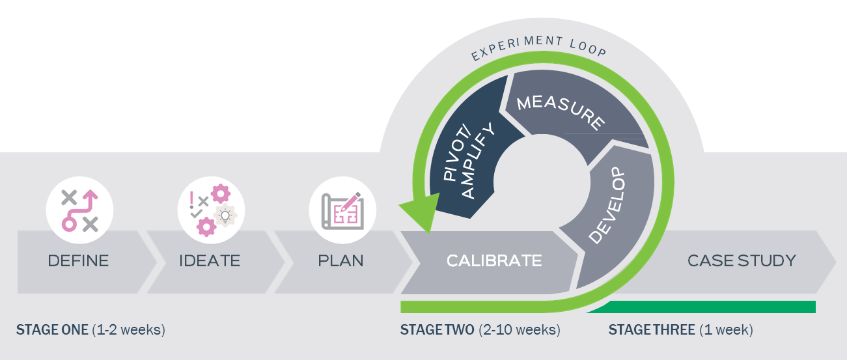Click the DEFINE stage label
[79, 261]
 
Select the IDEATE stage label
[210, 261]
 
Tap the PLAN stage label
[340, 261]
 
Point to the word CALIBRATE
[494, 261]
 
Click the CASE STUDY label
[742, 261]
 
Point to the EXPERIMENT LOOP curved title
[540, 48]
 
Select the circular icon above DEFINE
[79, 209]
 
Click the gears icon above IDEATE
[211, 209]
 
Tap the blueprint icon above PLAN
[342, 209]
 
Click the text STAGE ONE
[52, 330]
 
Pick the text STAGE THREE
[651, 330]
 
